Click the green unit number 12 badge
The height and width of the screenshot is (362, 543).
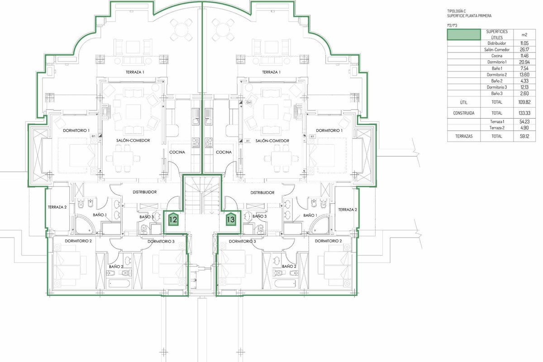[x=173, y=219]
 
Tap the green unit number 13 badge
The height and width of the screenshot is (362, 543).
[x=231, y=219]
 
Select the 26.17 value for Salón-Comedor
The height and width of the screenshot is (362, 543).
[x=524, y=49]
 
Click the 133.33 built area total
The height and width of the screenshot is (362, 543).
[x=524, y=113]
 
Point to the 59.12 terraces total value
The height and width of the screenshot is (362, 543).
[x=524, y=136]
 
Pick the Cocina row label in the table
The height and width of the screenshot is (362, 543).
[x=497, y=56]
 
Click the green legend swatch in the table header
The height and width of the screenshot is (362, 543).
[x=464, y=34]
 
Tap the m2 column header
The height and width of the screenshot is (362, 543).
[x=524, y=35]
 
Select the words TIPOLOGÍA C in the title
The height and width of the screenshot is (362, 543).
[x=457, y=11]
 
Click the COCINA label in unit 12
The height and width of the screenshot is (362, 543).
[x=177, y=152]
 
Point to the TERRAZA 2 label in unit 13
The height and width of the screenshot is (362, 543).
[x=348, y=210]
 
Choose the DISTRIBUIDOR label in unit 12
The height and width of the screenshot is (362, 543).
[x=144, y=192]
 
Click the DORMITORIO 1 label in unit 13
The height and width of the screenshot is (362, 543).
[x=329, y=130]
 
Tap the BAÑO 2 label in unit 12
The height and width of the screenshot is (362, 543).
[x=116, y=267]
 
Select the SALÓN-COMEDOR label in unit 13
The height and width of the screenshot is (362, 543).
[x=272, y=141]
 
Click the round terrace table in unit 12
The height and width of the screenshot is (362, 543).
[x=181, y=30]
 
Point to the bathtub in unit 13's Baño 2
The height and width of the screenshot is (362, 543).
[x=285, y=283]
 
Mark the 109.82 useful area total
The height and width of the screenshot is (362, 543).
[x=524, y=102]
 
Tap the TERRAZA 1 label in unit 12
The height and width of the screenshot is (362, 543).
[x=135, y=72]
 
